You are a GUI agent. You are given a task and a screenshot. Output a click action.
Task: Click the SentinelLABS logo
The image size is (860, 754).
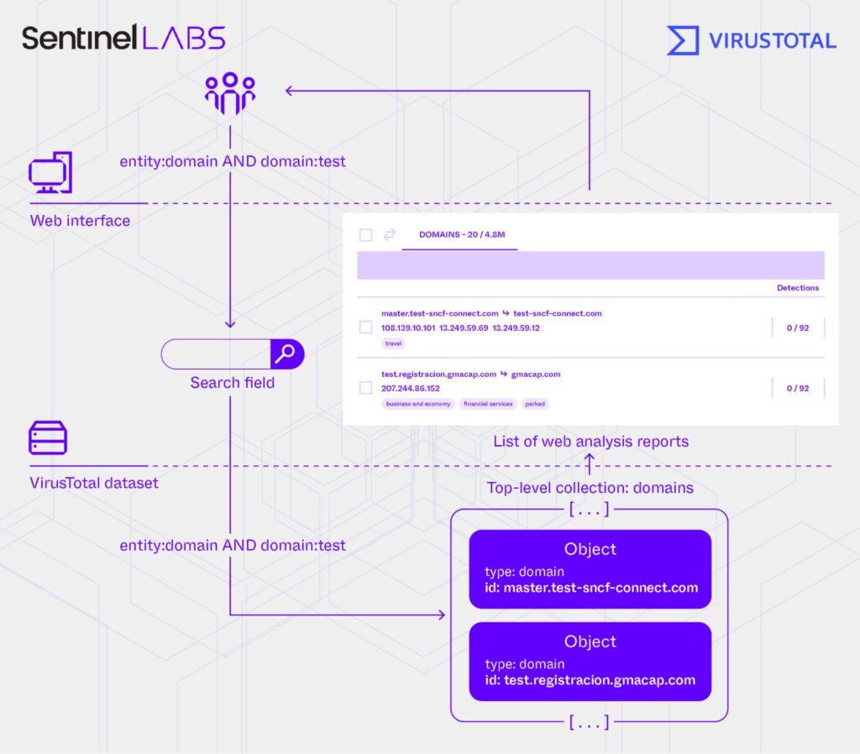(123, 38)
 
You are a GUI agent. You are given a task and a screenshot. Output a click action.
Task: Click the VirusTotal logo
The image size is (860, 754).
(751, 40)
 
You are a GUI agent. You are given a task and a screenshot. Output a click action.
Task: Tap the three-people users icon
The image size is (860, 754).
(229, 94)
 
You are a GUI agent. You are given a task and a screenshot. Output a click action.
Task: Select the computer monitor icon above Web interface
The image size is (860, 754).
(50, 174)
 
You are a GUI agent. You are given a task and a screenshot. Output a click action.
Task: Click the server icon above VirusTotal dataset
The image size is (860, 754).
(48, 438)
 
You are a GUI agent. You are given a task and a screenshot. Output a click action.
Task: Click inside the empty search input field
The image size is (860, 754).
(215, 354)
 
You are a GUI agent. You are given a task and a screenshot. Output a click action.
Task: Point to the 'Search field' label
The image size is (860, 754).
(232, 383)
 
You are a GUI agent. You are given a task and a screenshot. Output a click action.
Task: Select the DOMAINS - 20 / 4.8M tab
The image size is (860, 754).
(461, 235)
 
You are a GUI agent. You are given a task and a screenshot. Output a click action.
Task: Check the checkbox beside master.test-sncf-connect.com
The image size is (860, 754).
(365, 327)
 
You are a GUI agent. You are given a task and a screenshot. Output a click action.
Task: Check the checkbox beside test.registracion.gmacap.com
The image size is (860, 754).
(365, 388)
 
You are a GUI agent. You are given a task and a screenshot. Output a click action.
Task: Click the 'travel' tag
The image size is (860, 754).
(393, 343)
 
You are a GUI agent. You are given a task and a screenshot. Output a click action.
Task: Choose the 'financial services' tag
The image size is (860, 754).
(488, 404)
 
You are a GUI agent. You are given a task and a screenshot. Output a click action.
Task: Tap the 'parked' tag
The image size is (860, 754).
(535, 404)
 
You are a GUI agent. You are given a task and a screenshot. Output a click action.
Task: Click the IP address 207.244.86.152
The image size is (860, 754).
(410, 389)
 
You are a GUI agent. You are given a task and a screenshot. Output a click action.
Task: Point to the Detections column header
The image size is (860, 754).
(797, 288)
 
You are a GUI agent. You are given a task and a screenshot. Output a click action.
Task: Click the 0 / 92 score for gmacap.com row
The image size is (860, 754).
(797, 389)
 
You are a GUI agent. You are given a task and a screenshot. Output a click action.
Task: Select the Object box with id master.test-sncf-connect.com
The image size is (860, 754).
(590, 568)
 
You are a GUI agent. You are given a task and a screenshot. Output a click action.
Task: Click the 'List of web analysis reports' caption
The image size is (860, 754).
(590, 442)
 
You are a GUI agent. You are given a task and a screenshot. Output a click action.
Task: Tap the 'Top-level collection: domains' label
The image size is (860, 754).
(590, 488)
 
